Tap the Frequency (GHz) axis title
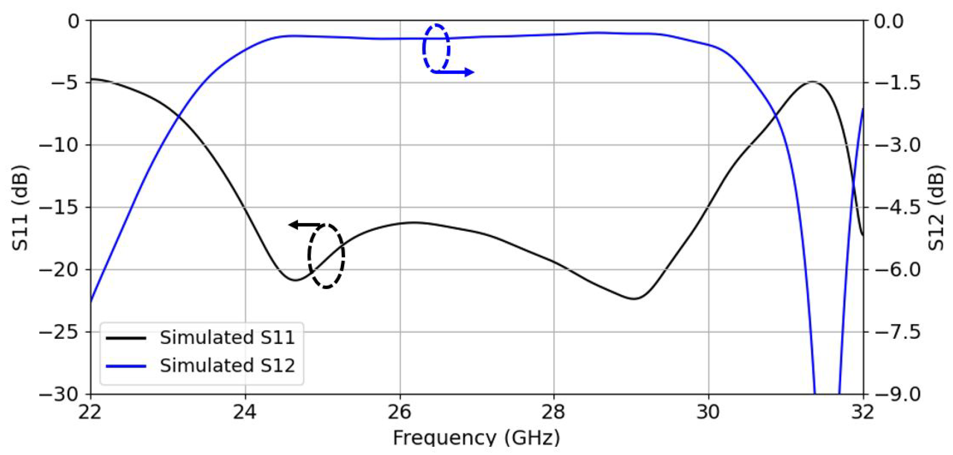point(476,437)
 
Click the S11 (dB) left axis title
point(19,207)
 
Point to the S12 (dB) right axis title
point(936,207)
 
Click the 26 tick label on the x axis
point(400,412)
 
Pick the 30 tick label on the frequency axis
point(708,412)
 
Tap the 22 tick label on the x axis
point(90,412)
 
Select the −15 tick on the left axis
point(60,207)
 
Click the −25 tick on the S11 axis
point(60,332)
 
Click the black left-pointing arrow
point(305,225)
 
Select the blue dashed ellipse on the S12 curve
point(436,48)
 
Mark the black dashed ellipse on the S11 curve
point(326,256)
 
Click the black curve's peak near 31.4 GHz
point(812,82)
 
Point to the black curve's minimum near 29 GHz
point(634,299)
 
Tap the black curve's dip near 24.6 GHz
point(295,280)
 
